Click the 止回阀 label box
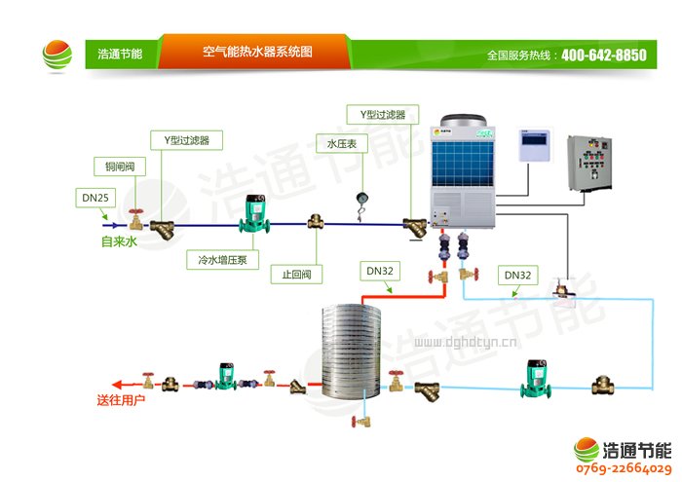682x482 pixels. pos(296,275)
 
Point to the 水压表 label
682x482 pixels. pos(342,144)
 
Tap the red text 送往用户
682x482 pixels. pos(121,400)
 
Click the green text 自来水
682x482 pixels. pos(120,241)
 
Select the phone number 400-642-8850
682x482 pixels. pos(603,56)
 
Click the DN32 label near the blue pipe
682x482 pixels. pos(517,276)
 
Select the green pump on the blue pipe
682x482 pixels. pos(535,378)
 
